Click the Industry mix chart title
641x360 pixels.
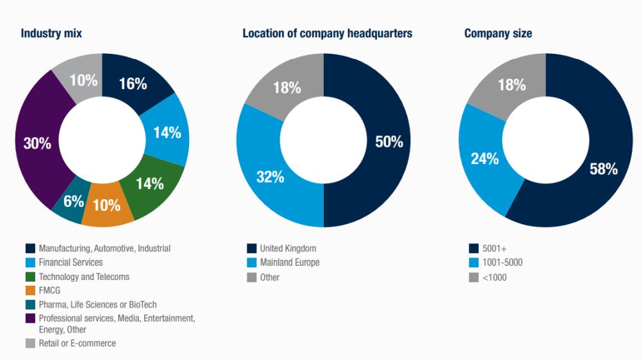click(x=51, y=33)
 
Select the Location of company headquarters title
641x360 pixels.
click(x=327, y=33)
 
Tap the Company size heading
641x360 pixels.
click(x=498, y=33)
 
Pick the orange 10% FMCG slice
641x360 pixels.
click(x=106, y=205)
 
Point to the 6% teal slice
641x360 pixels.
click(x=72, y=202)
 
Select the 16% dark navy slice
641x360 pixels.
click(x=133, y=83)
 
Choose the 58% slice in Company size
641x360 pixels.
click(x=603, y=168)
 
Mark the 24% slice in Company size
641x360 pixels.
click(x=485, y=158)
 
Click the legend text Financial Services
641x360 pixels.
click(x=71, y=262)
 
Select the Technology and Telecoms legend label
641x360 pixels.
click(x=84, y=277)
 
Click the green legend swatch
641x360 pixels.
click(x=30, y=277)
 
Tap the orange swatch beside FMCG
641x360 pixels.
click(x=30, y=290)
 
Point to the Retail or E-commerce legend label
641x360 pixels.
click(x=78, y=343)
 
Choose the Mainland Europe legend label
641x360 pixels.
click(x=290, y=262)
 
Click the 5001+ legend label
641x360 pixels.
click(x=494, y=248)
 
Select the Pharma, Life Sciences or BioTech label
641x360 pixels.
click(x=97, y=304)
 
